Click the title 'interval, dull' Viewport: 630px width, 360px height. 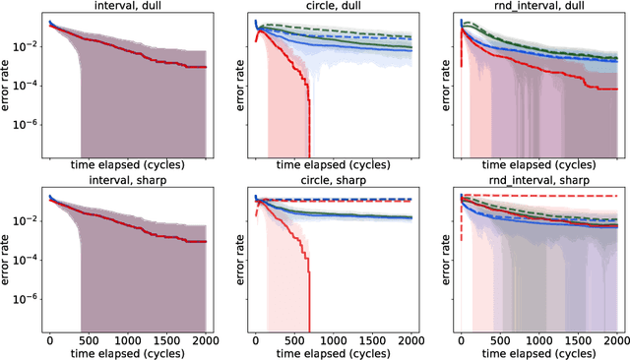coord(128,7)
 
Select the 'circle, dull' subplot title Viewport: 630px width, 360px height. coord(333,7)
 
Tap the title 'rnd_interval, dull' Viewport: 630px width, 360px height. coord(539,7)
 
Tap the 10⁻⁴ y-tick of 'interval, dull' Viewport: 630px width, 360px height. coord(27,85)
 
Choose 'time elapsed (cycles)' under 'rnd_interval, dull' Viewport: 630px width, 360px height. coord(539,166)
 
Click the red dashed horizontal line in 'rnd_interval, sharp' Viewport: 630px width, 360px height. coord(551,196)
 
